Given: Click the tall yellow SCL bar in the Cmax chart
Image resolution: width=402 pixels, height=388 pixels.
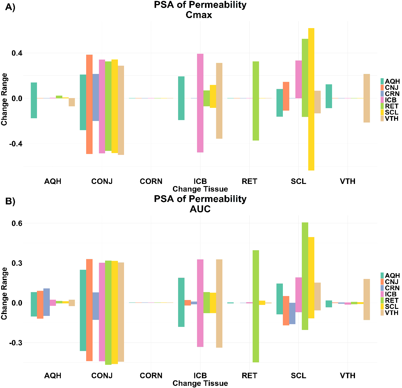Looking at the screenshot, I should click(311, 99).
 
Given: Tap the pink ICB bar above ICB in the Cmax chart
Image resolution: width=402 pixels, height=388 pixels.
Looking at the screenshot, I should click(200, 103).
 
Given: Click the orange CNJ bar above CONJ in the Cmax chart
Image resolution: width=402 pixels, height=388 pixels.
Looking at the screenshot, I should click(89, 104).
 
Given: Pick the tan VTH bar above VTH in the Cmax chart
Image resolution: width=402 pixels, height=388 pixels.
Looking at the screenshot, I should click(367, 98).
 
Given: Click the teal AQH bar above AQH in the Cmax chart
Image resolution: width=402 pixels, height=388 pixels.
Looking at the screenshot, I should click(34, 100).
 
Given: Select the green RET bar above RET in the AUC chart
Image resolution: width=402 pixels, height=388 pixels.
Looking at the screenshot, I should click(256, 306).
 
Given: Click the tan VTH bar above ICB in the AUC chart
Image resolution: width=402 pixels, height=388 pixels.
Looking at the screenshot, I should click(219, 303).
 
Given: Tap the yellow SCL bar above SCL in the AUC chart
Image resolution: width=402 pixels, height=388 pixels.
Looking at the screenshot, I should click(311, 278).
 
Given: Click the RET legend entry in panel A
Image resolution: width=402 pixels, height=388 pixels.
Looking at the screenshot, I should click(391, 106).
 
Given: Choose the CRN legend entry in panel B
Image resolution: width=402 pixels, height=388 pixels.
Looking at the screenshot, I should click(392, 288).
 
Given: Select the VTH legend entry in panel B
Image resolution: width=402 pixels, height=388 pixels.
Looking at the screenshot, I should click(391, 313).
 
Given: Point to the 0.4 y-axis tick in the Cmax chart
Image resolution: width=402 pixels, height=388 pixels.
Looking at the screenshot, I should click(17, 53).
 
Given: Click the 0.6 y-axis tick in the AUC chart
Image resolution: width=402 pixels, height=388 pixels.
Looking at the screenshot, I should click(17, 223).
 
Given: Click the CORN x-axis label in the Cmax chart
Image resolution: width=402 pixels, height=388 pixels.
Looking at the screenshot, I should click(151, 181).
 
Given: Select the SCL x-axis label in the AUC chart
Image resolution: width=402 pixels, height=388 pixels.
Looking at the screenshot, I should click(298, 375).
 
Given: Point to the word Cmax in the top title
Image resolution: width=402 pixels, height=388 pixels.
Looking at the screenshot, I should click(199, 15).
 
